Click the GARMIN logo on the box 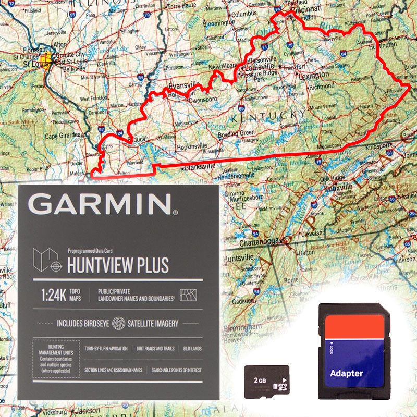(x=105, y=204)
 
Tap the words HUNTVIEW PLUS (x=118, y=265)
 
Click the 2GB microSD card (x=266, y=381)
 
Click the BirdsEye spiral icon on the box (x=118, y=323)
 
